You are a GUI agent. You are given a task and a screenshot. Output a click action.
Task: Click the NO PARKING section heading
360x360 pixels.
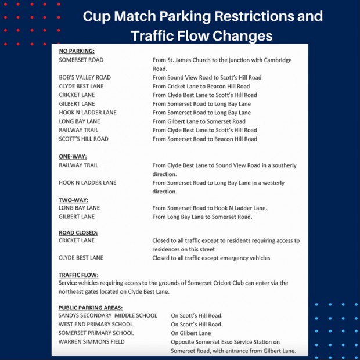pyautogui.click(x=77, y=51)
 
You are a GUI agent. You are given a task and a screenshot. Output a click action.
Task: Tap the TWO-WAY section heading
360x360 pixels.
pyautogui.click(x=73, y=200)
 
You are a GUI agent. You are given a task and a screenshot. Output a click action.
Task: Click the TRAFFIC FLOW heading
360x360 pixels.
pyautogui.click(x=78, y=275)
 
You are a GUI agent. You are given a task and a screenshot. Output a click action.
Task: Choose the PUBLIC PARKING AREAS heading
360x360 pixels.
pyautogui.click(x=90, y=307)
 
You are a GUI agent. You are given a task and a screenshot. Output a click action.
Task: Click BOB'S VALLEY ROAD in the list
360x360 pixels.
pyautogui.click(x=85, y=77)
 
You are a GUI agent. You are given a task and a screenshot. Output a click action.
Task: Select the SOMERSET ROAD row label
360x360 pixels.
pyautogui.click(x=81, y=60)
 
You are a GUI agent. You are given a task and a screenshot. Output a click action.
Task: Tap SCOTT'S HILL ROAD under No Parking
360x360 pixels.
pyautogui.click(x=84, y=139)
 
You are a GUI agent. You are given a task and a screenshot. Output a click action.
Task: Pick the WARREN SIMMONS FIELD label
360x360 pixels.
pyautogui.click(x=92, y=342)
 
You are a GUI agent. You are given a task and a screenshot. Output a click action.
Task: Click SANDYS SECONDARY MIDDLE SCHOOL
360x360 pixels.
pyautogui.click(x=107, y=315)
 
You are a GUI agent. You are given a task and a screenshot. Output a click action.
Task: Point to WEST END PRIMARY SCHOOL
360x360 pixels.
pyautogui.click(x=96, y=324)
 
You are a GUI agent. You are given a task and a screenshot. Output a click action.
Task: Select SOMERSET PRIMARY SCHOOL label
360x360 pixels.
pyautogui.click(x=96, y=333)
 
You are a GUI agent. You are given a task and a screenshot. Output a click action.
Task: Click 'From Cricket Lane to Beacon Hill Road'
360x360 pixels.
pyautogui.click(x=201, y=86)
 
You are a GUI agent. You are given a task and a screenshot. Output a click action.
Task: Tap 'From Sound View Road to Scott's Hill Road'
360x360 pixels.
pyautogui.click(x=207, y=77)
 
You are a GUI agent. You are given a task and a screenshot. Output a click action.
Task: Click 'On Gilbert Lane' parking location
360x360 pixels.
pyautogui.click(x=191, y=333)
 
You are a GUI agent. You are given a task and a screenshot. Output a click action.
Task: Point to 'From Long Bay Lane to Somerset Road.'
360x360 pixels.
pyautogui.click(x=202, y=217)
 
